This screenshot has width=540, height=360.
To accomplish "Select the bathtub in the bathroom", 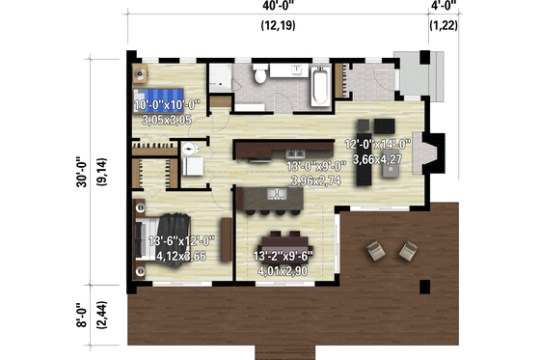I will [319, 85].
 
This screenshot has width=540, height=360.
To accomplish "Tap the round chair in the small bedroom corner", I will [142, 72].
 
